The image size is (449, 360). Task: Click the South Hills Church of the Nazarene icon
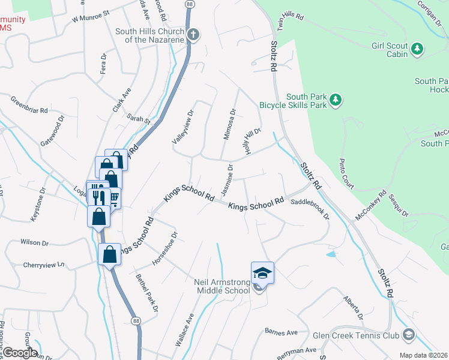pyautogui.click(x=193, y=34)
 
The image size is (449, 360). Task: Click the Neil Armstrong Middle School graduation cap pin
pyautogui.click(x=262, y=273)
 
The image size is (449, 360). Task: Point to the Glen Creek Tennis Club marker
pyautogui.click(x=409, y=334)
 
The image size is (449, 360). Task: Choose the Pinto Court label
pyautogui.click(x=348, y=173)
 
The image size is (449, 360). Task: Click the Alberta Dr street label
pyautogui.click(x=354, y=307)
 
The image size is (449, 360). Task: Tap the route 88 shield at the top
pyautogui.click(x=190, y=4)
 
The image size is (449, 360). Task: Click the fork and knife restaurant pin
pyautogui.click(x=97, y=196)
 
